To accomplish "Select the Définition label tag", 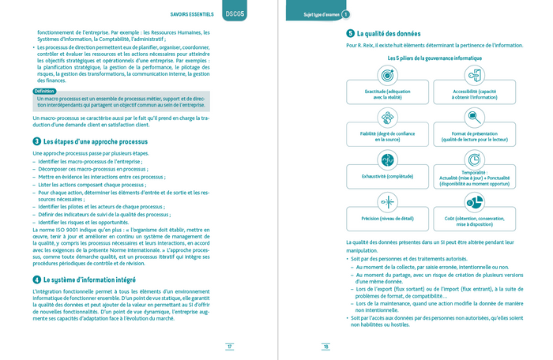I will tap(45, 92).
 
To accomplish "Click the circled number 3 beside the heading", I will tap(37, 141).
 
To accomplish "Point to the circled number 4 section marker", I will tap(37, 279).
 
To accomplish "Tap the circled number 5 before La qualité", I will tap(350, 34).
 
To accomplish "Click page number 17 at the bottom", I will tap(229, 346).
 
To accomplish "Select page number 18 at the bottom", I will tap(324, 346).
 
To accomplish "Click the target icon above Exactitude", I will tap(388, 75).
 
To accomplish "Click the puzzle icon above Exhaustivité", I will tap(388, 159).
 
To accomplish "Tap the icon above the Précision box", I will tap(388, 202).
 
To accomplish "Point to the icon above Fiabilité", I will tap(388, 117).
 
